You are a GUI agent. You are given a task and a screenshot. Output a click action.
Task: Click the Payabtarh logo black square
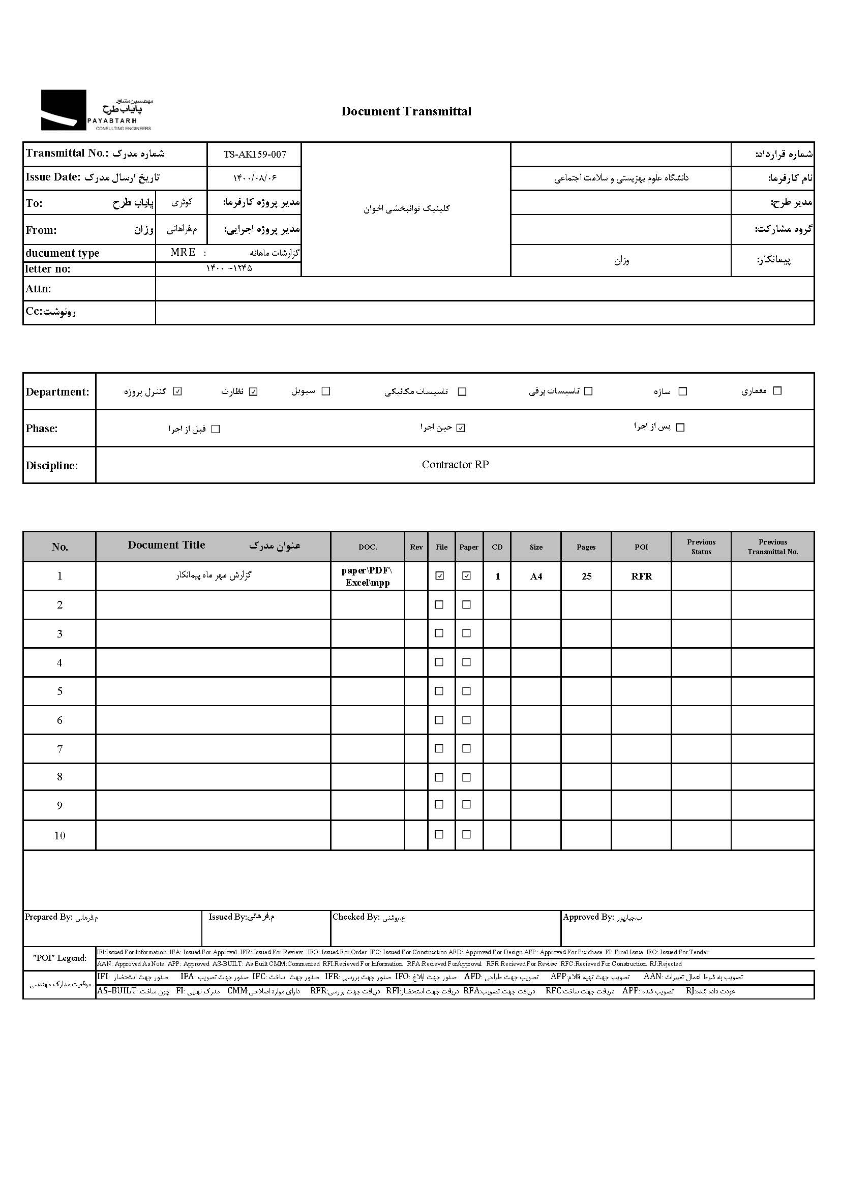click(x=63, y=110)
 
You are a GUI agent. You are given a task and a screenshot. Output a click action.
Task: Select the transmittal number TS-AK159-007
click(x=254, y=154)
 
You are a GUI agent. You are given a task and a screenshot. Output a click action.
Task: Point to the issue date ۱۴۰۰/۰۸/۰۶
click(x=254, y=178)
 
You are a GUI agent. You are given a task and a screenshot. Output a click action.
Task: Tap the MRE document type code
click(x=183, y=253)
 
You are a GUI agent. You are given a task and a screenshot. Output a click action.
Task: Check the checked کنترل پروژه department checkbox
click(x=177, y=391)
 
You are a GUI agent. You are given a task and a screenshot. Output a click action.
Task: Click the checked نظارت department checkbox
click(x=253, y=391)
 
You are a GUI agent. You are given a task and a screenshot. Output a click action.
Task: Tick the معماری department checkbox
click(x=777, y=391)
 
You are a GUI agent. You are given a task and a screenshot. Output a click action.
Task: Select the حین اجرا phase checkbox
click(x=461, y=428)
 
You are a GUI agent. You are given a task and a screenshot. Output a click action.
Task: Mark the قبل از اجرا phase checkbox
click(x=216, y=429)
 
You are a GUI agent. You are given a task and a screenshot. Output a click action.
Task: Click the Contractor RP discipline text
click(x=455, y=465)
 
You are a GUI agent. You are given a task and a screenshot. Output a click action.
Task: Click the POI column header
click(x=641, y=547)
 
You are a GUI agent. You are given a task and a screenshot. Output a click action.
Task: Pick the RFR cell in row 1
click(x=641, y=576)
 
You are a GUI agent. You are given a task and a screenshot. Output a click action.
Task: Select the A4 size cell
click(x=536, y=576)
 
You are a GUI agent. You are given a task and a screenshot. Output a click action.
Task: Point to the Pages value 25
click(x=586, y=576)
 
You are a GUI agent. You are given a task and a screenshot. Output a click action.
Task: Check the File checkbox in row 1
click(x=440, y=575)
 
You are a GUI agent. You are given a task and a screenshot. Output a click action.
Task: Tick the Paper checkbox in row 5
click(x=467, y=691)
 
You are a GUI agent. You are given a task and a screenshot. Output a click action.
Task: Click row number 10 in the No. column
click(x=59, y=835)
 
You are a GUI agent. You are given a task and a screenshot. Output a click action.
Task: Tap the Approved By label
click(x=588, y=917)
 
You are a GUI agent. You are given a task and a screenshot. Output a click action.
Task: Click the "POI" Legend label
click(x=59, y=958)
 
